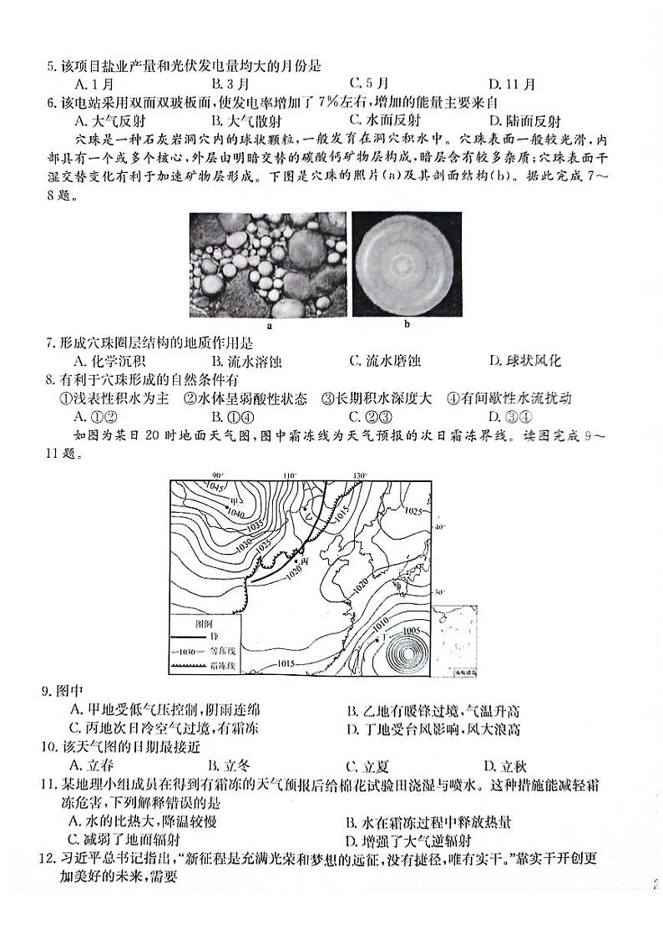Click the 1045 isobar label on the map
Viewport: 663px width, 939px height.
coord(194,487)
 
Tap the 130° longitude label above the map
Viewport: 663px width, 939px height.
coord(361,475)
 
